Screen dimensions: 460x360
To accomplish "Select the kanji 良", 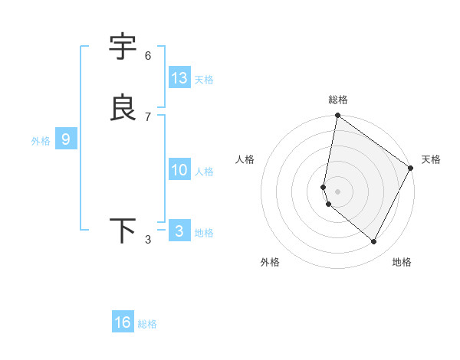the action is [123, 108].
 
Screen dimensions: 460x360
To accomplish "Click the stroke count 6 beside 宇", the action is [148, 56].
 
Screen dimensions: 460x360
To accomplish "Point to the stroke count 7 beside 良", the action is [148, 117].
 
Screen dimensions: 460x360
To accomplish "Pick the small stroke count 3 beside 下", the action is [148, 241].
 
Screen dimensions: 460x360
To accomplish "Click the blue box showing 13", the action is [179, 78].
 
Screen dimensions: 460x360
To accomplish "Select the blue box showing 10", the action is [179, 170].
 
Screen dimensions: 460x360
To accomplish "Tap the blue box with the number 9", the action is [66, 139].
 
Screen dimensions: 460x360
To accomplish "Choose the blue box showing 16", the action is [123, 322].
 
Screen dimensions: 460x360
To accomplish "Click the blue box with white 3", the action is [179, 231].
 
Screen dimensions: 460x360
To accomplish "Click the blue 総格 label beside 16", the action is [147, 324].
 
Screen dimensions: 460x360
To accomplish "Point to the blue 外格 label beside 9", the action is [41, 141].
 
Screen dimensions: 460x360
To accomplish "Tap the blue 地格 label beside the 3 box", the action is [204, 233].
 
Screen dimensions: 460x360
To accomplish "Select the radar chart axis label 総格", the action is [338, 100].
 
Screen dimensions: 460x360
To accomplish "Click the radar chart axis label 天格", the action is [431, 159].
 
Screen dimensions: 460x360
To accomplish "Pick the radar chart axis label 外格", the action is [270, 262].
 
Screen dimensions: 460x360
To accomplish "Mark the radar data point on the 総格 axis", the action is [337, 116].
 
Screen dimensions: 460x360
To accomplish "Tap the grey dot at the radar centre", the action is [337, 191].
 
